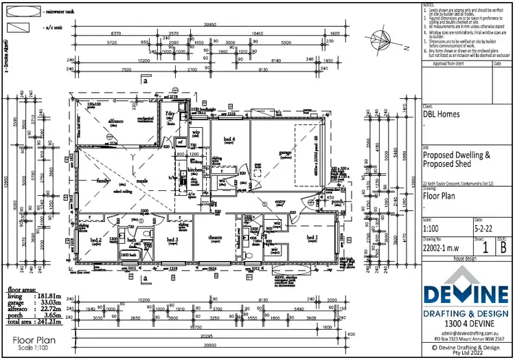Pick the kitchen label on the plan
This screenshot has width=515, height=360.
[x=195, y=169]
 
